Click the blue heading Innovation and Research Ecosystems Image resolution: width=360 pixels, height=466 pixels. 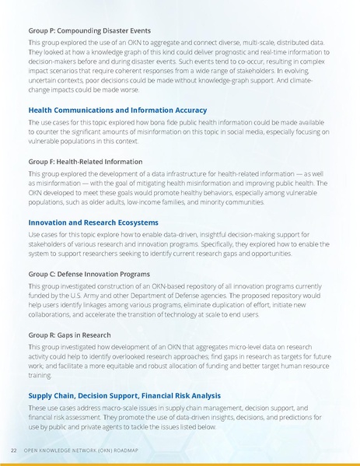(x=94, y=222)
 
